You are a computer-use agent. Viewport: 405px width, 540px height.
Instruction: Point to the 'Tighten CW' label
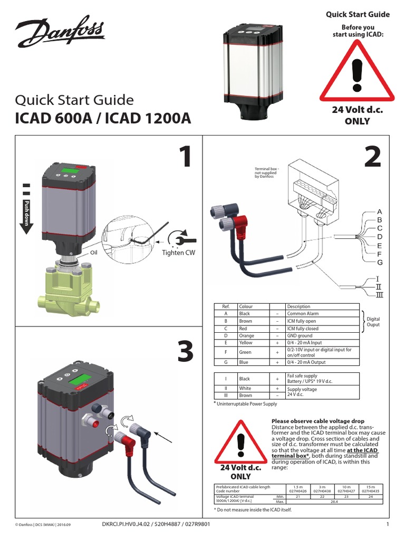178,253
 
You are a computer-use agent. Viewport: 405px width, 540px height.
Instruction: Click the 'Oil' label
94,253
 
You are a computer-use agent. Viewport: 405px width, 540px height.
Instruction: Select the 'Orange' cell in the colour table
246,335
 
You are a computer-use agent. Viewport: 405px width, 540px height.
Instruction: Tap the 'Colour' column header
246,306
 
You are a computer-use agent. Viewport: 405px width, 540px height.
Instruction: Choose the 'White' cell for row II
245,388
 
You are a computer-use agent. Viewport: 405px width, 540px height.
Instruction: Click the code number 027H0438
321,490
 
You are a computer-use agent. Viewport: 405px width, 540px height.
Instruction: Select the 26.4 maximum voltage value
334,502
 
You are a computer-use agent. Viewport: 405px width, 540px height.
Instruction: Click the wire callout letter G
379,262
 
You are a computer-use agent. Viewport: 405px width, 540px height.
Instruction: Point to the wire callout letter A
379,211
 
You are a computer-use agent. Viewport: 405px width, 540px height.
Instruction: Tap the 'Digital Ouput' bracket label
373,322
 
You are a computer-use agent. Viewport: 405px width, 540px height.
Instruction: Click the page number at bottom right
387,524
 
